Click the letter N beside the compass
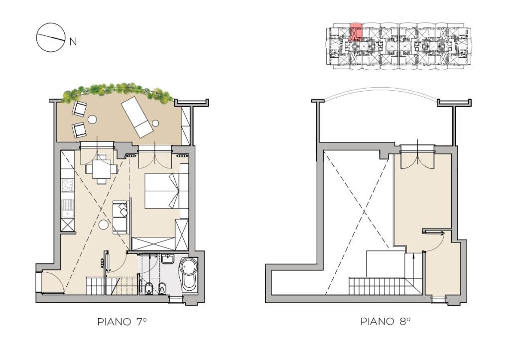coord(73,42)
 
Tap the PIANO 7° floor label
coord(122,322)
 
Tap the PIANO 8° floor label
coord(385,322)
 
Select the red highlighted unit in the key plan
coord(356,32)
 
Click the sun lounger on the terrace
coord(137,117)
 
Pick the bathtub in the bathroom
coord(188,274)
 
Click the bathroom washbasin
coord(167,259)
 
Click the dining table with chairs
coord(102,169)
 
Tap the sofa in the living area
coord(121,217)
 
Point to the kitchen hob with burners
coord(68,186)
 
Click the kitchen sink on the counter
coord(68,208)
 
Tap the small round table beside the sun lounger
coord(155,123)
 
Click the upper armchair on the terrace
coord(80,108)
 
